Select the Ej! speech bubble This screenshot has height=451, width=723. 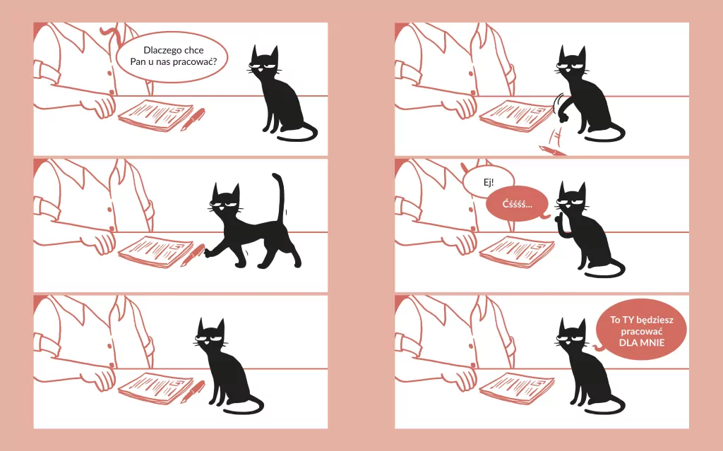(x=489, y=181)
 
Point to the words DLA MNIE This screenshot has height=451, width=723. (x=642, y=342)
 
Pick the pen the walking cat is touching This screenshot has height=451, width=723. (x=193, y=255)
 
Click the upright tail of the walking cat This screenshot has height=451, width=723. (x=279, y=198)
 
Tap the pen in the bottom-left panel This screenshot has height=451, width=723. (x=193, y=392)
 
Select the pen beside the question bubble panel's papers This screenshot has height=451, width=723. (x=193, y=119)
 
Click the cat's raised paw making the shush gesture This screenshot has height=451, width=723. (x=560, y=224)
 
